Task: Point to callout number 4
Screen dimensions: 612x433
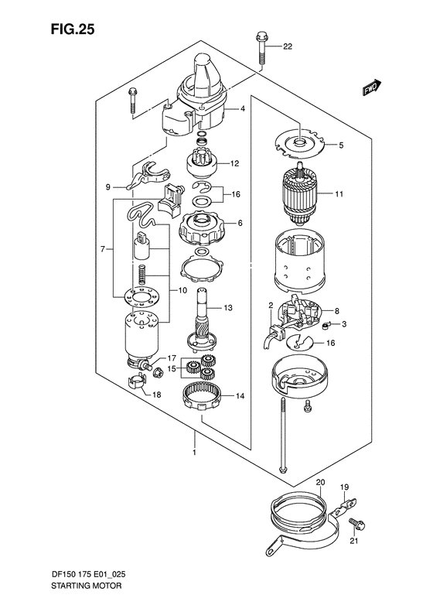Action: (242, 109)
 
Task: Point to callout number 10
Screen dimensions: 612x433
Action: (182, 291)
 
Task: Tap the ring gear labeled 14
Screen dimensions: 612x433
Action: (205, 395)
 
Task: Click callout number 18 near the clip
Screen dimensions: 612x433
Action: (156, 395)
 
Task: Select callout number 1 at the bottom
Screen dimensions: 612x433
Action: (195, 453)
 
